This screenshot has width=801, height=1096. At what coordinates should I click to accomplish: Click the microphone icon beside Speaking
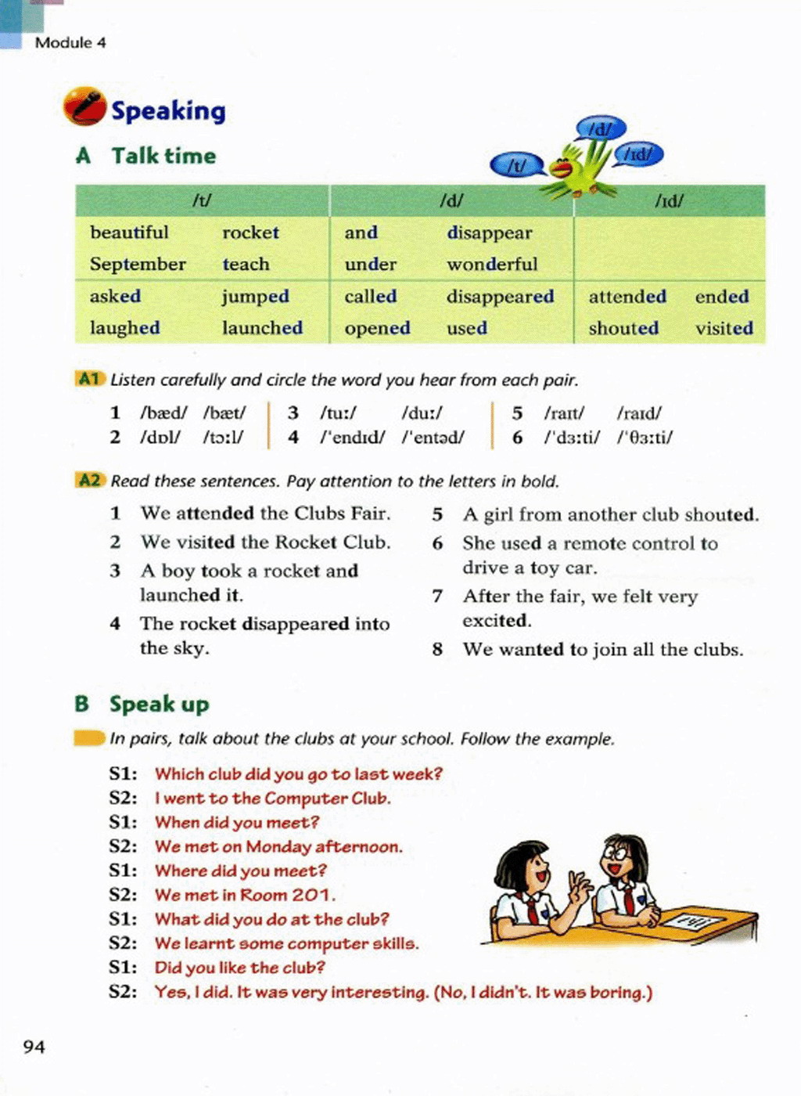point(84,106)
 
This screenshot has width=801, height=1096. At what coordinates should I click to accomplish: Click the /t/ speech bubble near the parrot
point(517,165)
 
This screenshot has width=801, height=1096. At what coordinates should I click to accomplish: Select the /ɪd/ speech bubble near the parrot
point(639,154)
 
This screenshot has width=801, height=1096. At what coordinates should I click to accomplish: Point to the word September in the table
point(138,265)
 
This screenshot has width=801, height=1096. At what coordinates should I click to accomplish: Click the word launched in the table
point(262,328)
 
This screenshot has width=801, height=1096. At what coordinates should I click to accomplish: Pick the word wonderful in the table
point(492,265)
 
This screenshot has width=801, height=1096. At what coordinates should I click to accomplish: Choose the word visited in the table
point(724,328)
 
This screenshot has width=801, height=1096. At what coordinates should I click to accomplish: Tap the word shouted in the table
point(623,328)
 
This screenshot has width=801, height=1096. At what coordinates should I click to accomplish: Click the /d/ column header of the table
point(451,201)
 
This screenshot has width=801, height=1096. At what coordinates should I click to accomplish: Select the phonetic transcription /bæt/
point(224,413)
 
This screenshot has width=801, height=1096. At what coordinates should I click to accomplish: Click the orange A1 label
point(90,379)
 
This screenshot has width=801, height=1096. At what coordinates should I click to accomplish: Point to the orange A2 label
point(90,480)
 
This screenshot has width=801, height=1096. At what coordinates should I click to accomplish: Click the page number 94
point(34,1047)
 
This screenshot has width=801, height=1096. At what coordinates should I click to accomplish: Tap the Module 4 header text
point(70,43)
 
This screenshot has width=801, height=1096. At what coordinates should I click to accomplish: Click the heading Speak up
point(160,704)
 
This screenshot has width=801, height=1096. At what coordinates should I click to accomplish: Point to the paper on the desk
point(693,921)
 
